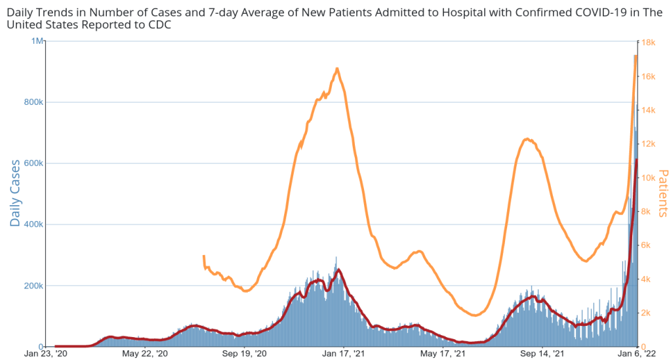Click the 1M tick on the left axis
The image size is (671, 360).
click(37, 41)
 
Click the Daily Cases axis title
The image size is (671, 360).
click(15, 193)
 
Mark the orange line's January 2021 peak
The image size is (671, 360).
click(337, 68)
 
